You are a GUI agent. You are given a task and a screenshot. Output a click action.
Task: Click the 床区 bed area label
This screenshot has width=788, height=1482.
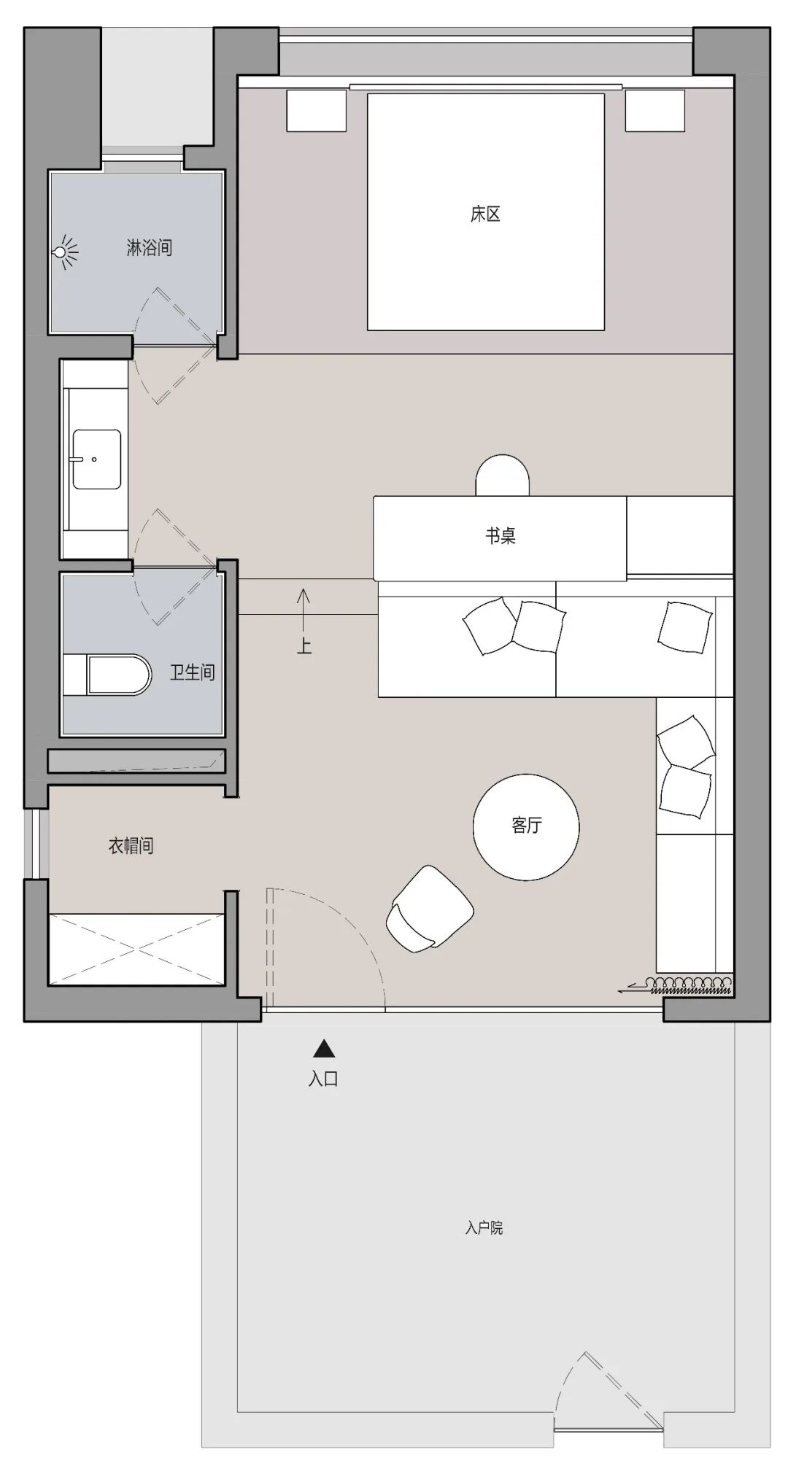point(485,214)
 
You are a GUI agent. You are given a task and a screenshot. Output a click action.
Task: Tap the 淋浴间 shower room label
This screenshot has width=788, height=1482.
point(150,248)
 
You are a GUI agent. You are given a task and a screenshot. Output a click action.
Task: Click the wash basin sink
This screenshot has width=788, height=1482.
point(96,459)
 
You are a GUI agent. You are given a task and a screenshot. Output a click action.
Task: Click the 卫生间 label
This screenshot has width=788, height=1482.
point(193,672)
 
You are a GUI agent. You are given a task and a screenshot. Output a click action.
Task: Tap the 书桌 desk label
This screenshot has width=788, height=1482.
point(501,536)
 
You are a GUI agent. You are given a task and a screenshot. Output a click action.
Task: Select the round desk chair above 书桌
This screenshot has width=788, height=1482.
point(502,475)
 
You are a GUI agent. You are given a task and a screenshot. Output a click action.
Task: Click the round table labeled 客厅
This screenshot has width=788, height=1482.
point(526,827)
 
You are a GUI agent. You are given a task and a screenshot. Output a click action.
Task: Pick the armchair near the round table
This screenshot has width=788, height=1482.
point(430,909)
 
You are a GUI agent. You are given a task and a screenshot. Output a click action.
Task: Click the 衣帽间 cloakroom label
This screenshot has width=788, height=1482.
point(131,846)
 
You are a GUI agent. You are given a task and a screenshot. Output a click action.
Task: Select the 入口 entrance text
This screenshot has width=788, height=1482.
point(323,1079)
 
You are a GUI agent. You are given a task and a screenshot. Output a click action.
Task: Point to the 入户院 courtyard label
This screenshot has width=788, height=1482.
point(484,1228)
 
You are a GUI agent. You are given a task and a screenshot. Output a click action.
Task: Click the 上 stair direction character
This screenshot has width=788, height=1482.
point(304,645)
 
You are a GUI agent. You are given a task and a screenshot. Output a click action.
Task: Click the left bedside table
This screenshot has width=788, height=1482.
point(316,111)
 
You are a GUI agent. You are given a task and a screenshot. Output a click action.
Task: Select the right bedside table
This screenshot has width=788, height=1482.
point(655,111)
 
